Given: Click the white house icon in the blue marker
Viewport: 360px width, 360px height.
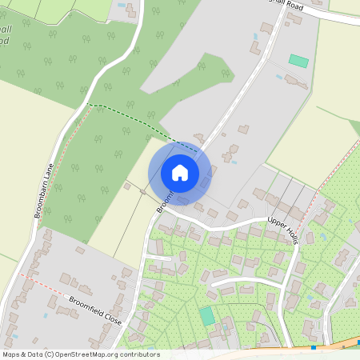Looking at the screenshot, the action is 180,172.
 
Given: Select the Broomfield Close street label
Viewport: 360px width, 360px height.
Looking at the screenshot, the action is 95,308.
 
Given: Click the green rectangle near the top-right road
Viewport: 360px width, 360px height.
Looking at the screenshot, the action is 298,61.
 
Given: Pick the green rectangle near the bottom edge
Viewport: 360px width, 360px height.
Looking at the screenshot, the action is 207,316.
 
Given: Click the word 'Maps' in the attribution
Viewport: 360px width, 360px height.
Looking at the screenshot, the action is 12,354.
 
